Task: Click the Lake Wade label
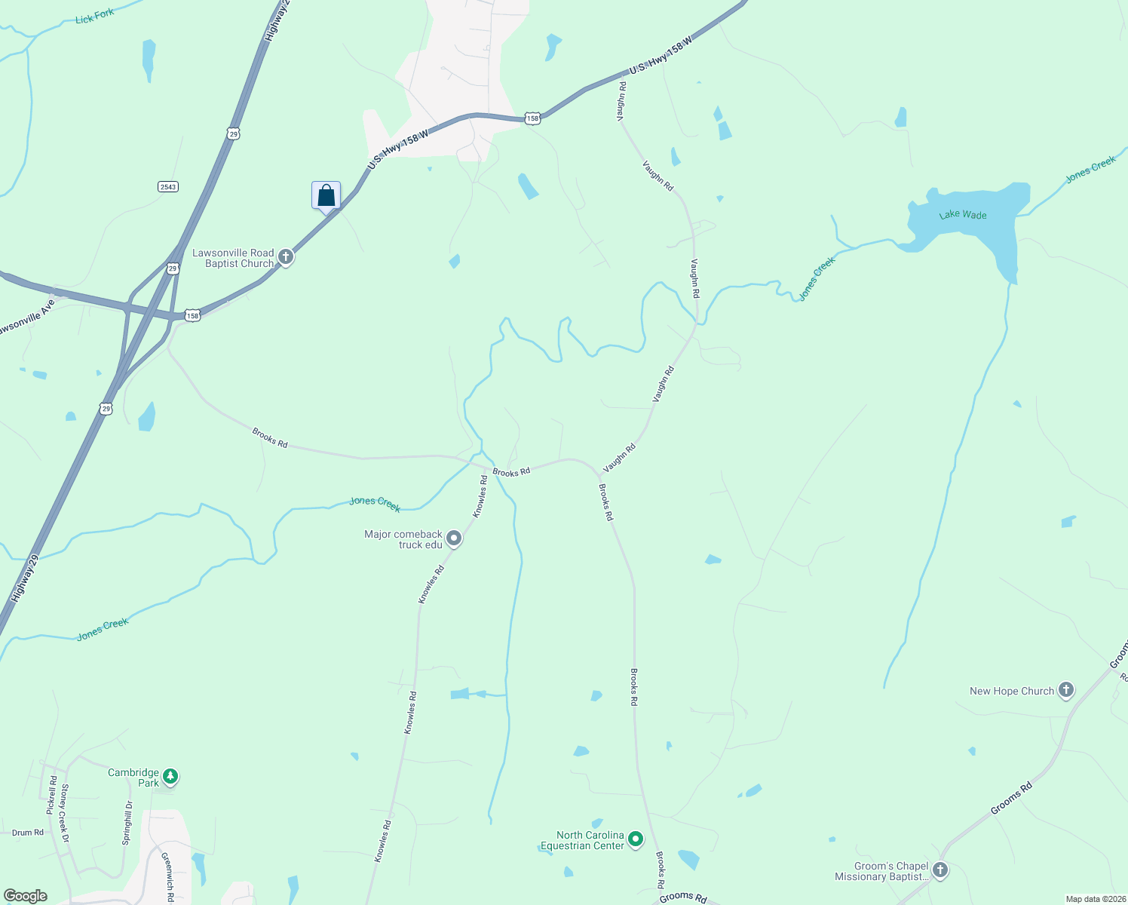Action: click(x=963, y=215)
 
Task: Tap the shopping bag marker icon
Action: click(x=326, y=195)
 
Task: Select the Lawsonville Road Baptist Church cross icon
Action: click(x=286, y=257)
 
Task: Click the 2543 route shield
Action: click(x=168, y=186)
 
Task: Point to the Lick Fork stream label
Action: click(x=95, y=17)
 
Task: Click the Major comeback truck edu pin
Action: click(x=454, y=538)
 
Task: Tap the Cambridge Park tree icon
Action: click(x=171, y=776)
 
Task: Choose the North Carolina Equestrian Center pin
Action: click(x=636, y=839)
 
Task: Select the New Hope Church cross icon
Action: click(x=1065, y=690)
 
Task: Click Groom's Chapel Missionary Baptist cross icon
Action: click(x=940, y=870)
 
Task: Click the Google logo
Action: click(x=26, y=896)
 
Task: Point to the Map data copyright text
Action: click(x=1096, y=899)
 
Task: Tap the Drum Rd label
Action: click(x=28, y=833)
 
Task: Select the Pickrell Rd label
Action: click(x=53, y=792)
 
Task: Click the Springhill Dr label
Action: click(x=127, y=822)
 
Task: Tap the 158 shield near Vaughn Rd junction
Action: click(x=533, y=118)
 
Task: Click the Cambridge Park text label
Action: click(x=133, y=778)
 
